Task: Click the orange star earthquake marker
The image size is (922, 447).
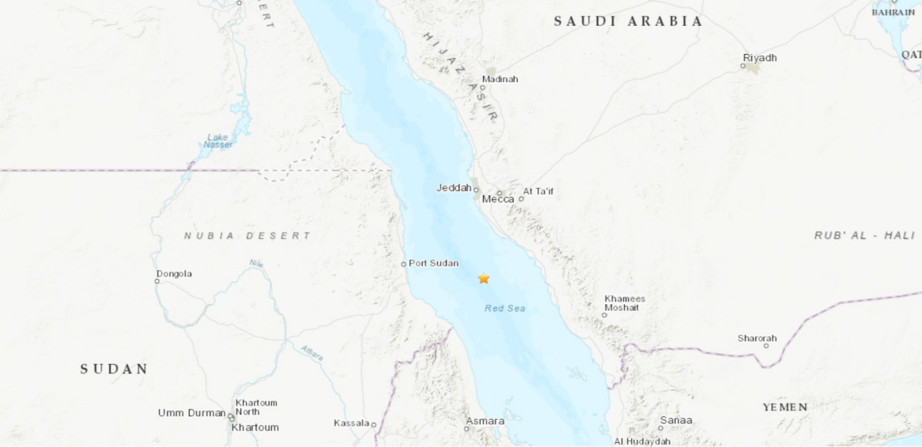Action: coord(484,278)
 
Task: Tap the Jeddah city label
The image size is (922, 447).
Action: coord(454,188)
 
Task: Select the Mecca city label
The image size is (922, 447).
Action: coord(498,199)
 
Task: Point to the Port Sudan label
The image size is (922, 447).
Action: coord(433,263)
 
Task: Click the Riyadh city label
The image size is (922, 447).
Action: coord(760,58)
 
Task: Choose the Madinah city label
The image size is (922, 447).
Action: coord(500,79)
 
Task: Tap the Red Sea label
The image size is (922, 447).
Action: coord(505,308)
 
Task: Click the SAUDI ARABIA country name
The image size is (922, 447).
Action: coord(628,22)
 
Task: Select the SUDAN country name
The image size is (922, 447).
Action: coord(114,369)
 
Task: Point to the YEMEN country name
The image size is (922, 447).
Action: coord(785,407)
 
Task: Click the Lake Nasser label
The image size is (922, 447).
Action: coord(217,141)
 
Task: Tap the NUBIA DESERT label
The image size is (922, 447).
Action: coord(247,236)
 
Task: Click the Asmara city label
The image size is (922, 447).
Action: coord(485,421)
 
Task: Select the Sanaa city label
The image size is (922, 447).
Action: coord(676,420)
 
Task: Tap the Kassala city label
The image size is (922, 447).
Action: coord(351,423)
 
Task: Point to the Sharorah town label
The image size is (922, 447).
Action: coord(757,338)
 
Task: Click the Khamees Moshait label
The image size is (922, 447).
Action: coord(624,303)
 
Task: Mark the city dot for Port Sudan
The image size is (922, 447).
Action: coord(403,264)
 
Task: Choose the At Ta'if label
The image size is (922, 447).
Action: coord(538,191)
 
